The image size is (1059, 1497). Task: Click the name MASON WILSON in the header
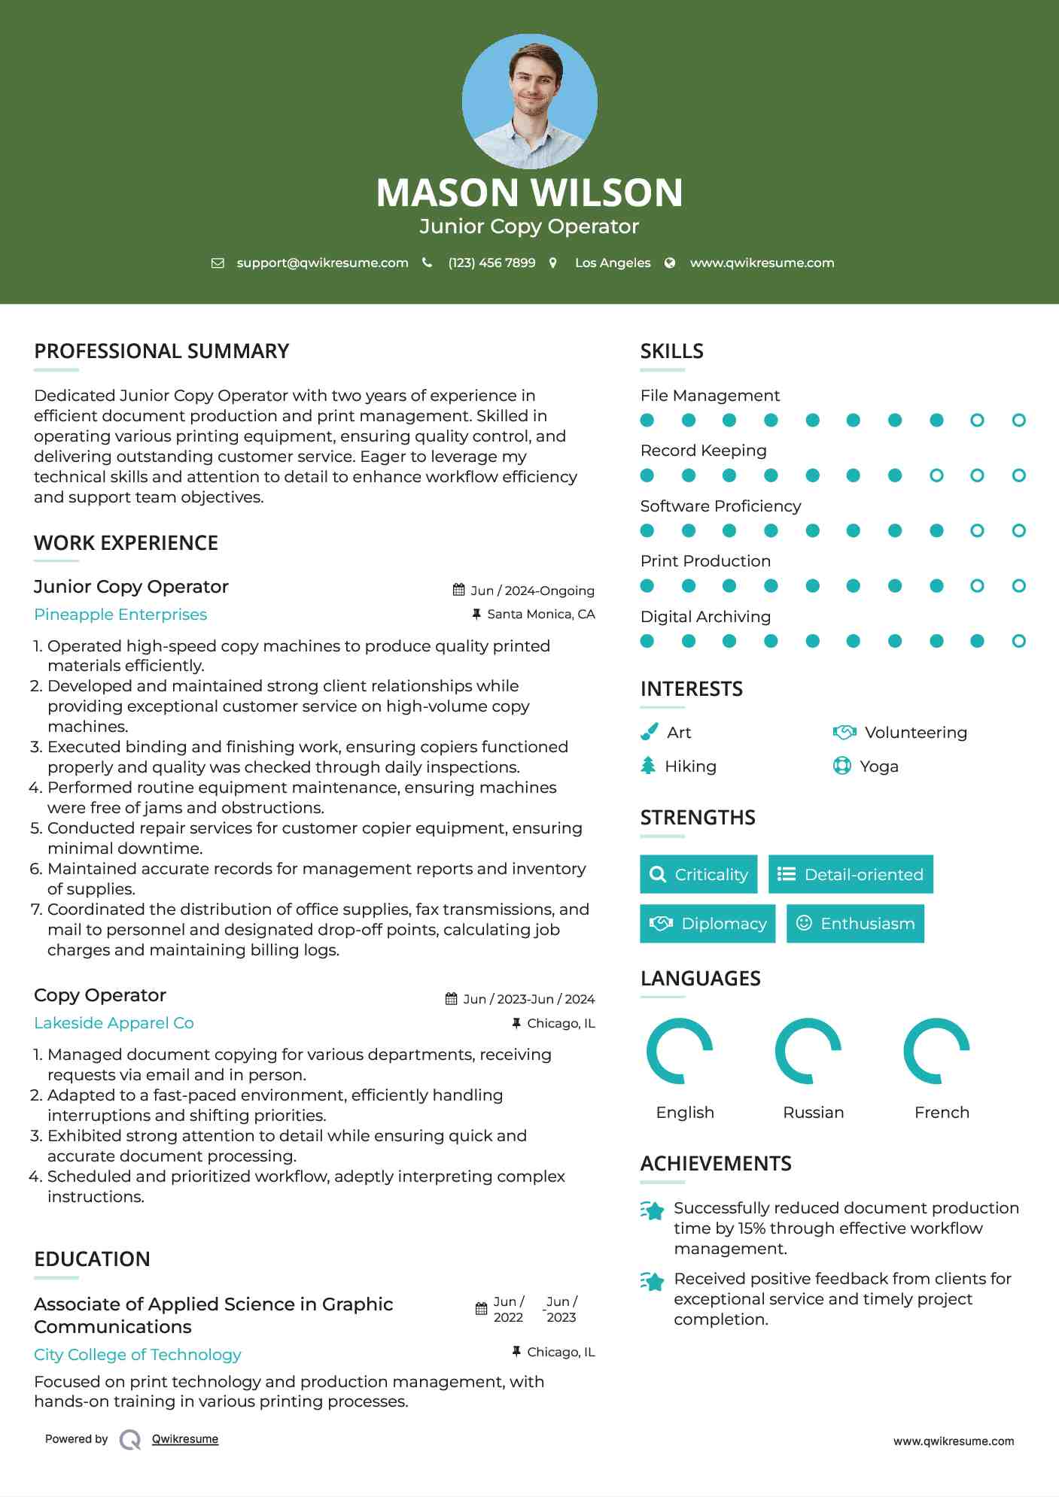(529, 193)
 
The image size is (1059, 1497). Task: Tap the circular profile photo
(529, 101)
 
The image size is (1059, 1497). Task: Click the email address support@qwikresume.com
(322, 263)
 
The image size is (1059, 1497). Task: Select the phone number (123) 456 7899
(491, 263)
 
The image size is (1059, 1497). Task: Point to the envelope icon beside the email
(218, 263)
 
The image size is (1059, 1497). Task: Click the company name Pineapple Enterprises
(120, 615)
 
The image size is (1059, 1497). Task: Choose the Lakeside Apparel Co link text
(114, 1023)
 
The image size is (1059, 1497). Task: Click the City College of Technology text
(138, 1355)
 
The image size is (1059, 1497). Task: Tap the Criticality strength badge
(698, 874)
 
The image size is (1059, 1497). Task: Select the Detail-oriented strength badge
(851, 874)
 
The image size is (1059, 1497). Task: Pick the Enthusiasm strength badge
(855, 923)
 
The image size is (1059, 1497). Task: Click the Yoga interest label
(879, 767)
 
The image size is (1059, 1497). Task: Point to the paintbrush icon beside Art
(649, 732)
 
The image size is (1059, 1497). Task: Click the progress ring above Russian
(808, 1051)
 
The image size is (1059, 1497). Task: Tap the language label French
(942, 1113)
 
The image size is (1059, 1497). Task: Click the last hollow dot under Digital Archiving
(1018, 641)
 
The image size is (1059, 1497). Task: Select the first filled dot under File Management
(647, 421)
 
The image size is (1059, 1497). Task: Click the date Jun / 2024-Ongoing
(532, 591)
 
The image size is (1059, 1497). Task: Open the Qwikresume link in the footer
(185, 1439)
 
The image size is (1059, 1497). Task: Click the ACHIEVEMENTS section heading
(716, 1164)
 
